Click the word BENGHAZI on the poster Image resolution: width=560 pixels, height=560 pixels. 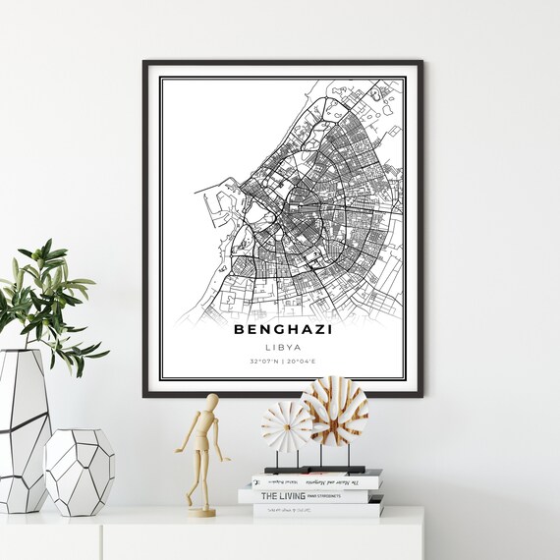[x=283, y=329]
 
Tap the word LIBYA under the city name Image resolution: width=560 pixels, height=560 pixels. [x=283, y=347]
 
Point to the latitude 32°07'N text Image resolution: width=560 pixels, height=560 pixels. [x=262, y=363]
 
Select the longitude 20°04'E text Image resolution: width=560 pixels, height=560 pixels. [x=305, y=363]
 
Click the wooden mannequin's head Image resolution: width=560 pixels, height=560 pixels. [x=211, y=403]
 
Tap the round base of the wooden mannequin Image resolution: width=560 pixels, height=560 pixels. [x=201, y=511]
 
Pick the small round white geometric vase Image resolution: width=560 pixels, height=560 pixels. [x=80, y=472]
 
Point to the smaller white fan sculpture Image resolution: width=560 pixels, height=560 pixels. [x=286, y=425]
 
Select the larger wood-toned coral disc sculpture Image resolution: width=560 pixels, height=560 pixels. [x=334, y=409]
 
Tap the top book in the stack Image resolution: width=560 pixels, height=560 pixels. [x=316, y=481]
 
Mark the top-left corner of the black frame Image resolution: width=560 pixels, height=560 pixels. [x=144, y=62]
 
